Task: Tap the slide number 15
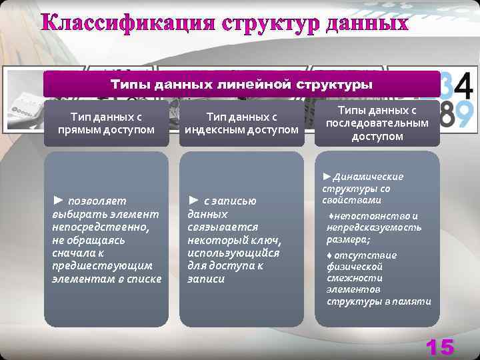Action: [439, 347]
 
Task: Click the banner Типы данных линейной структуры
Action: [241, 85]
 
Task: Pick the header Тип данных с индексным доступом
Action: [241, 123]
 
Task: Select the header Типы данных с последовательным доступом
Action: [377, 123]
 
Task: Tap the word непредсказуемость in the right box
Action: [374, 228]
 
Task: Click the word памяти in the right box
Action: [416, 302]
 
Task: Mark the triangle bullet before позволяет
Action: [58, 200]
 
